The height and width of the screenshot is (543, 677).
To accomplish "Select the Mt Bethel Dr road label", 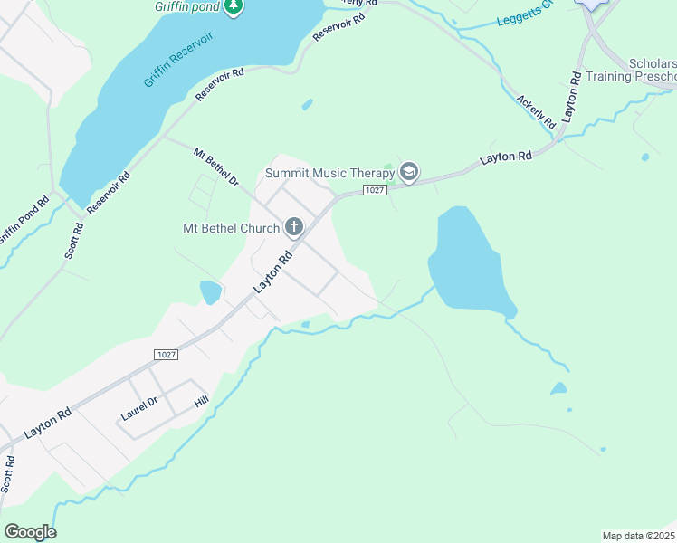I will pos(215,168).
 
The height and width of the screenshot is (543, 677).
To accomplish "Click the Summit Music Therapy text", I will pos(329,172).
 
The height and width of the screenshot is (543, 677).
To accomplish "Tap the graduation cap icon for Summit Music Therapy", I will pos(409,172).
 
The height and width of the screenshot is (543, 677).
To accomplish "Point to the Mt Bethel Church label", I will pos(229,228).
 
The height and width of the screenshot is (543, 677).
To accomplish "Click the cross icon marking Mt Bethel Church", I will pos(293,227).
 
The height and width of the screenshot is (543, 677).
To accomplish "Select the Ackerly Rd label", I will pos(535,113).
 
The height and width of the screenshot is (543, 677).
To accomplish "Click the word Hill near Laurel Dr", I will pos(201,398).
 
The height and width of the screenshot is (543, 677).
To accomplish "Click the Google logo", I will pos(30,531).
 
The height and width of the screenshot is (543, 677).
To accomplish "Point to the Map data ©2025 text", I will pos(638,536).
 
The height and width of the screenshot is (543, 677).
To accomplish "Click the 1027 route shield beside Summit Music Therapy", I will pos(375,189).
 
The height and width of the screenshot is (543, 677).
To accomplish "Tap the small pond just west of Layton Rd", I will pos(210,292).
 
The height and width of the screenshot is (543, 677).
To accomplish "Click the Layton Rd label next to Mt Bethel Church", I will pos(274,270).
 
